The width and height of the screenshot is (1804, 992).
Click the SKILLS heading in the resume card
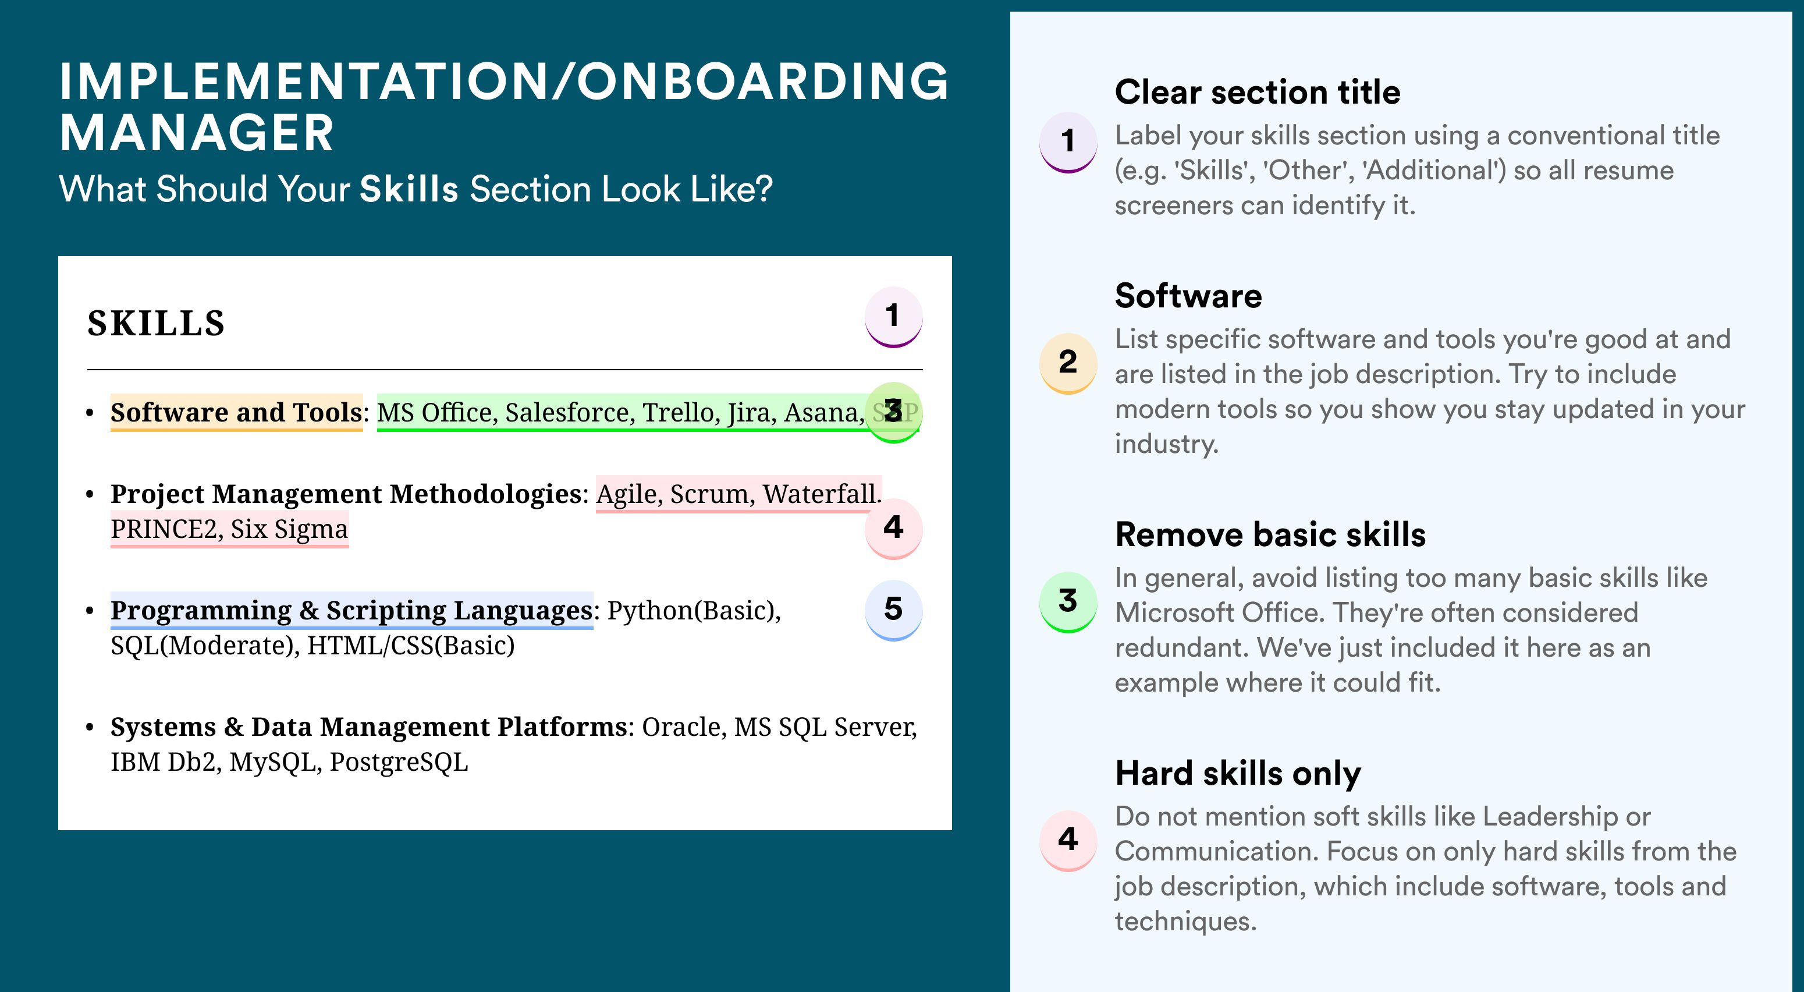(155, 324)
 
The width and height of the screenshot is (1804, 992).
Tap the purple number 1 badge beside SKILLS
(893, 317)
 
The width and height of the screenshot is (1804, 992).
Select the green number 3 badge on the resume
(893, 412)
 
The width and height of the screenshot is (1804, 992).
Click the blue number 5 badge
(893, 610)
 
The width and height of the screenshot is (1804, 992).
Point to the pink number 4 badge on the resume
(893, 528)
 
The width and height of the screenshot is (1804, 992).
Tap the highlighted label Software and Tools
(236, 413)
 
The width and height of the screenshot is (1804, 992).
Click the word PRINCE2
(166, 529)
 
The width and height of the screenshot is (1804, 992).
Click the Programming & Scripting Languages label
(351, 611)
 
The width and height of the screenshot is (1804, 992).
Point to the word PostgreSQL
(399, 762)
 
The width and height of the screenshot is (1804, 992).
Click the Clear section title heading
(1257, 93)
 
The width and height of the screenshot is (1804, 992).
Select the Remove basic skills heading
(1270, 534)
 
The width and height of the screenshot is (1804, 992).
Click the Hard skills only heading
(1237, 774)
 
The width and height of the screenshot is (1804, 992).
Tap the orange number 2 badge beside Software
(1068, 363)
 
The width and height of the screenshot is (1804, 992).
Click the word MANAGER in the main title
(197, 133)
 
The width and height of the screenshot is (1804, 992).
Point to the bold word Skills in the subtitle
(409, 189)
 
